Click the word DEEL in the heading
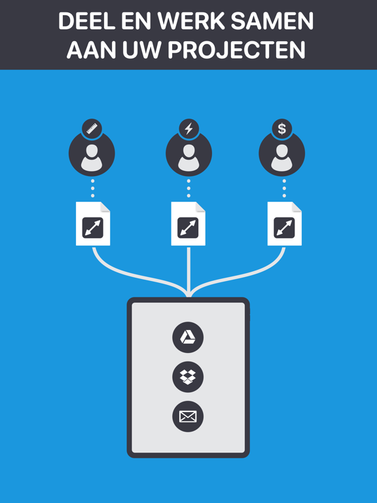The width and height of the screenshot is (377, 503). click(86, 21)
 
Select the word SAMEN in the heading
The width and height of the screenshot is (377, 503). click(272, 21)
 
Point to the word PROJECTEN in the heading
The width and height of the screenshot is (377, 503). click(236, 50)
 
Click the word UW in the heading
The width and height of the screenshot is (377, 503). click(141, 50)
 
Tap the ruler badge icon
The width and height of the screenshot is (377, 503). click(92, 129)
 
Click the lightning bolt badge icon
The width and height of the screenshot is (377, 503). click(188, 129)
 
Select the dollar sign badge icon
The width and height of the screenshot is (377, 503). click(282, 129)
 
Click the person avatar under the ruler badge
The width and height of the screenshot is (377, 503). click(92, 154)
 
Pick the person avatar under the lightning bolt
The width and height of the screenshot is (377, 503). click(188, 154)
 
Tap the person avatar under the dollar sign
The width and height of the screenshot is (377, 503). click(282, 154)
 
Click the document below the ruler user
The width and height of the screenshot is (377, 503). click(93, 223)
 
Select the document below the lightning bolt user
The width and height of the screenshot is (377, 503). click(188, 223)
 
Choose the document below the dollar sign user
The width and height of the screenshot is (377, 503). click(285, 223)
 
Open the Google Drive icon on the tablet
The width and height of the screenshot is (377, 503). click(188, 337)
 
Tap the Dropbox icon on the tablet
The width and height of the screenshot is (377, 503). click(188, 377)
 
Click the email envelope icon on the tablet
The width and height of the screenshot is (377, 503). click(188, 417)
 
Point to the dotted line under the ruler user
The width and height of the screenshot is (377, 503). click(93, 189)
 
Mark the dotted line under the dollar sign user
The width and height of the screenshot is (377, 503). click(284, 189)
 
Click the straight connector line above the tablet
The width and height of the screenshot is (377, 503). click(188, 272)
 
